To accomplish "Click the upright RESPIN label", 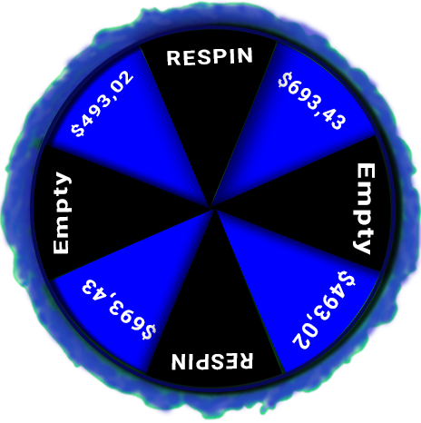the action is (x=210, y=56).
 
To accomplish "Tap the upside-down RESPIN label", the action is (x=212, y=361).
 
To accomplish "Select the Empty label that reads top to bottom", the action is (x=365, y=209).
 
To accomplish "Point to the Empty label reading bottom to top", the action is (x=62, y=213).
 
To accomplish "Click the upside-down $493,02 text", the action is (x=324, y=310).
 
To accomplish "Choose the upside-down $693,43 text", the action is (x=119, y=310).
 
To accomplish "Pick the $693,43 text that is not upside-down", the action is (x=312, y=101).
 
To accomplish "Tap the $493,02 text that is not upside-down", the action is (x=102, y=103).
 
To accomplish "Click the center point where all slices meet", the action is (x=211, y=208).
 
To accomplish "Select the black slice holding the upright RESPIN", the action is (x=210, y=100).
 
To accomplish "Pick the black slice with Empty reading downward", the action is (x=320, y=206).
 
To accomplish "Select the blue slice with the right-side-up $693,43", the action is (x=297, y=118).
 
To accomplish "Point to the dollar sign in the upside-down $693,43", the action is (x=151, y=332).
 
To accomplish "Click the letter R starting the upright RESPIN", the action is (x=173, y=58).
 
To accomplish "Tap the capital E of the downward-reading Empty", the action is (x=366, y=172).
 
